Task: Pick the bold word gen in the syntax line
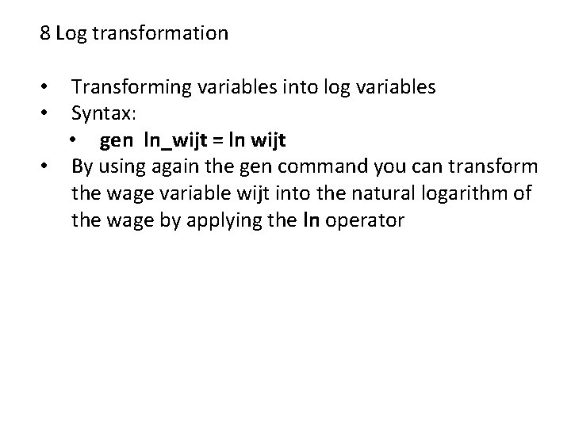pyautogui.click(x=117, y=140)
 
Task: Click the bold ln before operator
pyautogui.click(x=312, y=220)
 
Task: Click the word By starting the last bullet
pyautogui.click(x=82, y=167)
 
